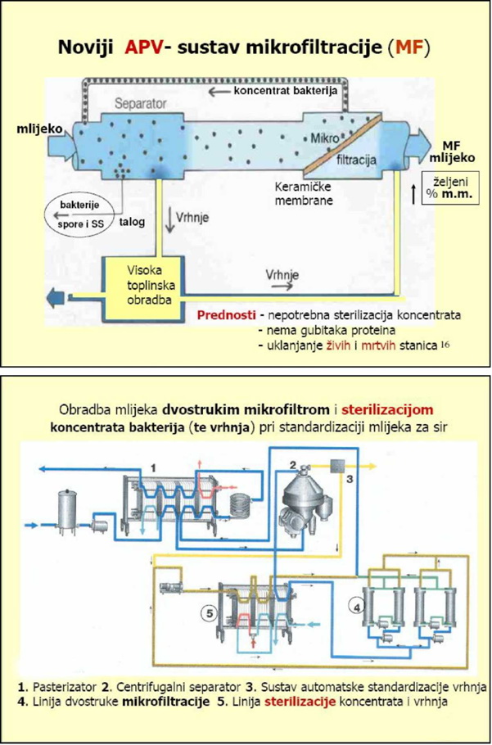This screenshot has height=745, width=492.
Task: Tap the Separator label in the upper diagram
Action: (x=140, y=106)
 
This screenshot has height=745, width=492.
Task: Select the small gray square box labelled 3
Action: (x=336, y=466)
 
